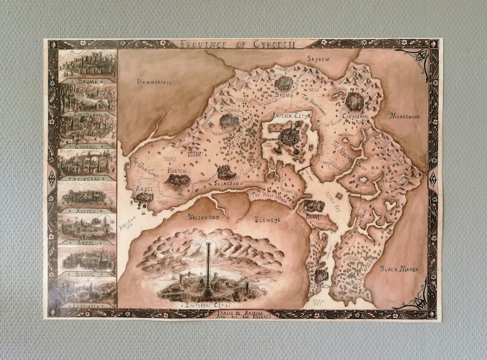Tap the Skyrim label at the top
[x=319, y=59]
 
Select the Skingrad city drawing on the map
[x=226, y=173]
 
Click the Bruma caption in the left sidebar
[x=88, y=80]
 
